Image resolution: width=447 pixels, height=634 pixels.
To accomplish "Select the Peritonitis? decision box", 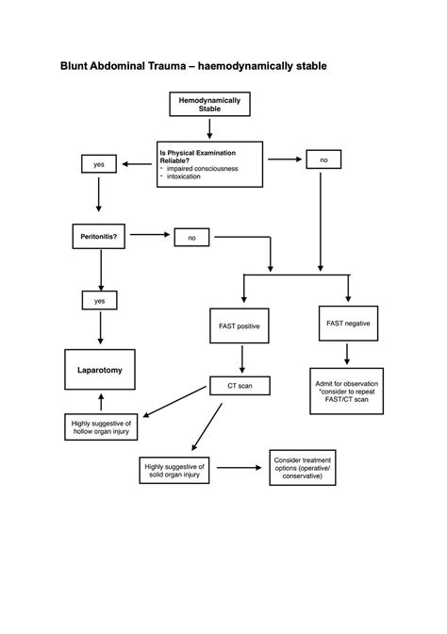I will pyautogui.click(x=99, y=233).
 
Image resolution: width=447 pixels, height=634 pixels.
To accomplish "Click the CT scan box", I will pyautogui.click(x=243, y=385).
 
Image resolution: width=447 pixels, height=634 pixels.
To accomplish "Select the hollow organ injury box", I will pyautogui.click(x=101, y=428).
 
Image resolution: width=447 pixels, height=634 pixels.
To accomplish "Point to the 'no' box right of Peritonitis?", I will pyautogui.click(x=191, y=238).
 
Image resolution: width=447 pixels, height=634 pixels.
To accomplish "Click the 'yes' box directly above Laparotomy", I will pyautogui.click(x=99, y=301).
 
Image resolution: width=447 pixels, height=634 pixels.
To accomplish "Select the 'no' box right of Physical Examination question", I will pyautogui.click(x=323, y=160).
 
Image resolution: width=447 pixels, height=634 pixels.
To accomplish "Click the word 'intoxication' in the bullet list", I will pyautogui.click(x=183, y=177).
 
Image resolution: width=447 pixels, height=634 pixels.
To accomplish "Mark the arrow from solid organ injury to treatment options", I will pyautogui.click(x=241, y=467).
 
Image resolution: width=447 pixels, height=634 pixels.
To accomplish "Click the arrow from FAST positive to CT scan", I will pyautogui.click(x=243, y=359).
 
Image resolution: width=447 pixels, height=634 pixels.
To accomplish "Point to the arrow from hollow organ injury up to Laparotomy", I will pyautogui.click(x=99, y=400).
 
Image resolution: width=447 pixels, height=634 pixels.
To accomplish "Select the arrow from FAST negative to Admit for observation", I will pyautogui.click(x=348, y=356).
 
